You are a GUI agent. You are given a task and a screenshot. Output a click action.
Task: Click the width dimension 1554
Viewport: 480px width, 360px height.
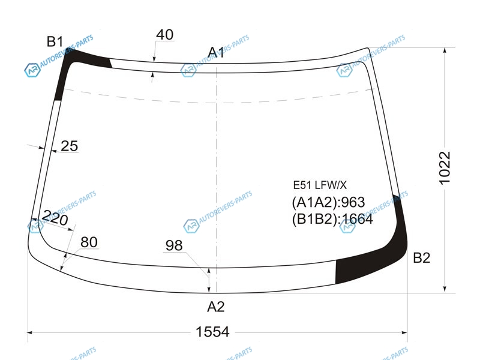(x=212, y=332)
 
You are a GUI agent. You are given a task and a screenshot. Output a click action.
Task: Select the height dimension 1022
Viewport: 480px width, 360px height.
(x=445, y=168)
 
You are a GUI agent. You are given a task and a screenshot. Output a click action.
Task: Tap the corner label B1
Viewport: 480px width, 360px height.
(x=55, y=41)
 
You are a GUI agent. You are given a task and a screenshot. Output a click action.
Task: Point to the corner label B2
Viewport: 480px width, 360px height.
(x=422, y=258)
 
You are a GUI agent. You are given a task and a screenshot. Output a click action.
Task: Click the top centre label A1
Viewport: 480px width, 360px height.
(x=216, y=52)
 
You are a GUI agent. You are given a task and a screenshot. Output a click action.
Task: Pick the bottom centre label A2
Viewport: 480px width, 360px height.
(x=216, y=307)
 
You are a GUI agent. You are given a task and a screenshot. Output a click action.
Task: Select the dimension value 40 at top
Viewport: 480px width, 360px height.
(x=164, y=35)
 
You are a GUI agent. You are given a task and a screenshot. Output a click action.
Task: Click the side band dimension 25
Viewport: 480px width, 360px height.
(x=69, y=146)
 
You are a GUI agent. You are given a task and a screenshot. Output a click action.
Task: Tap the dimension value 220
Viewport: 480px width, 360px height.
(x=55, y=218)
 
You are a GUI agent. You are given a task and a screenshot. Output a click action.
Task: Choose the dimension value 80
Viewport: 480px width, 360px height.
(x=89, y=242)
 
